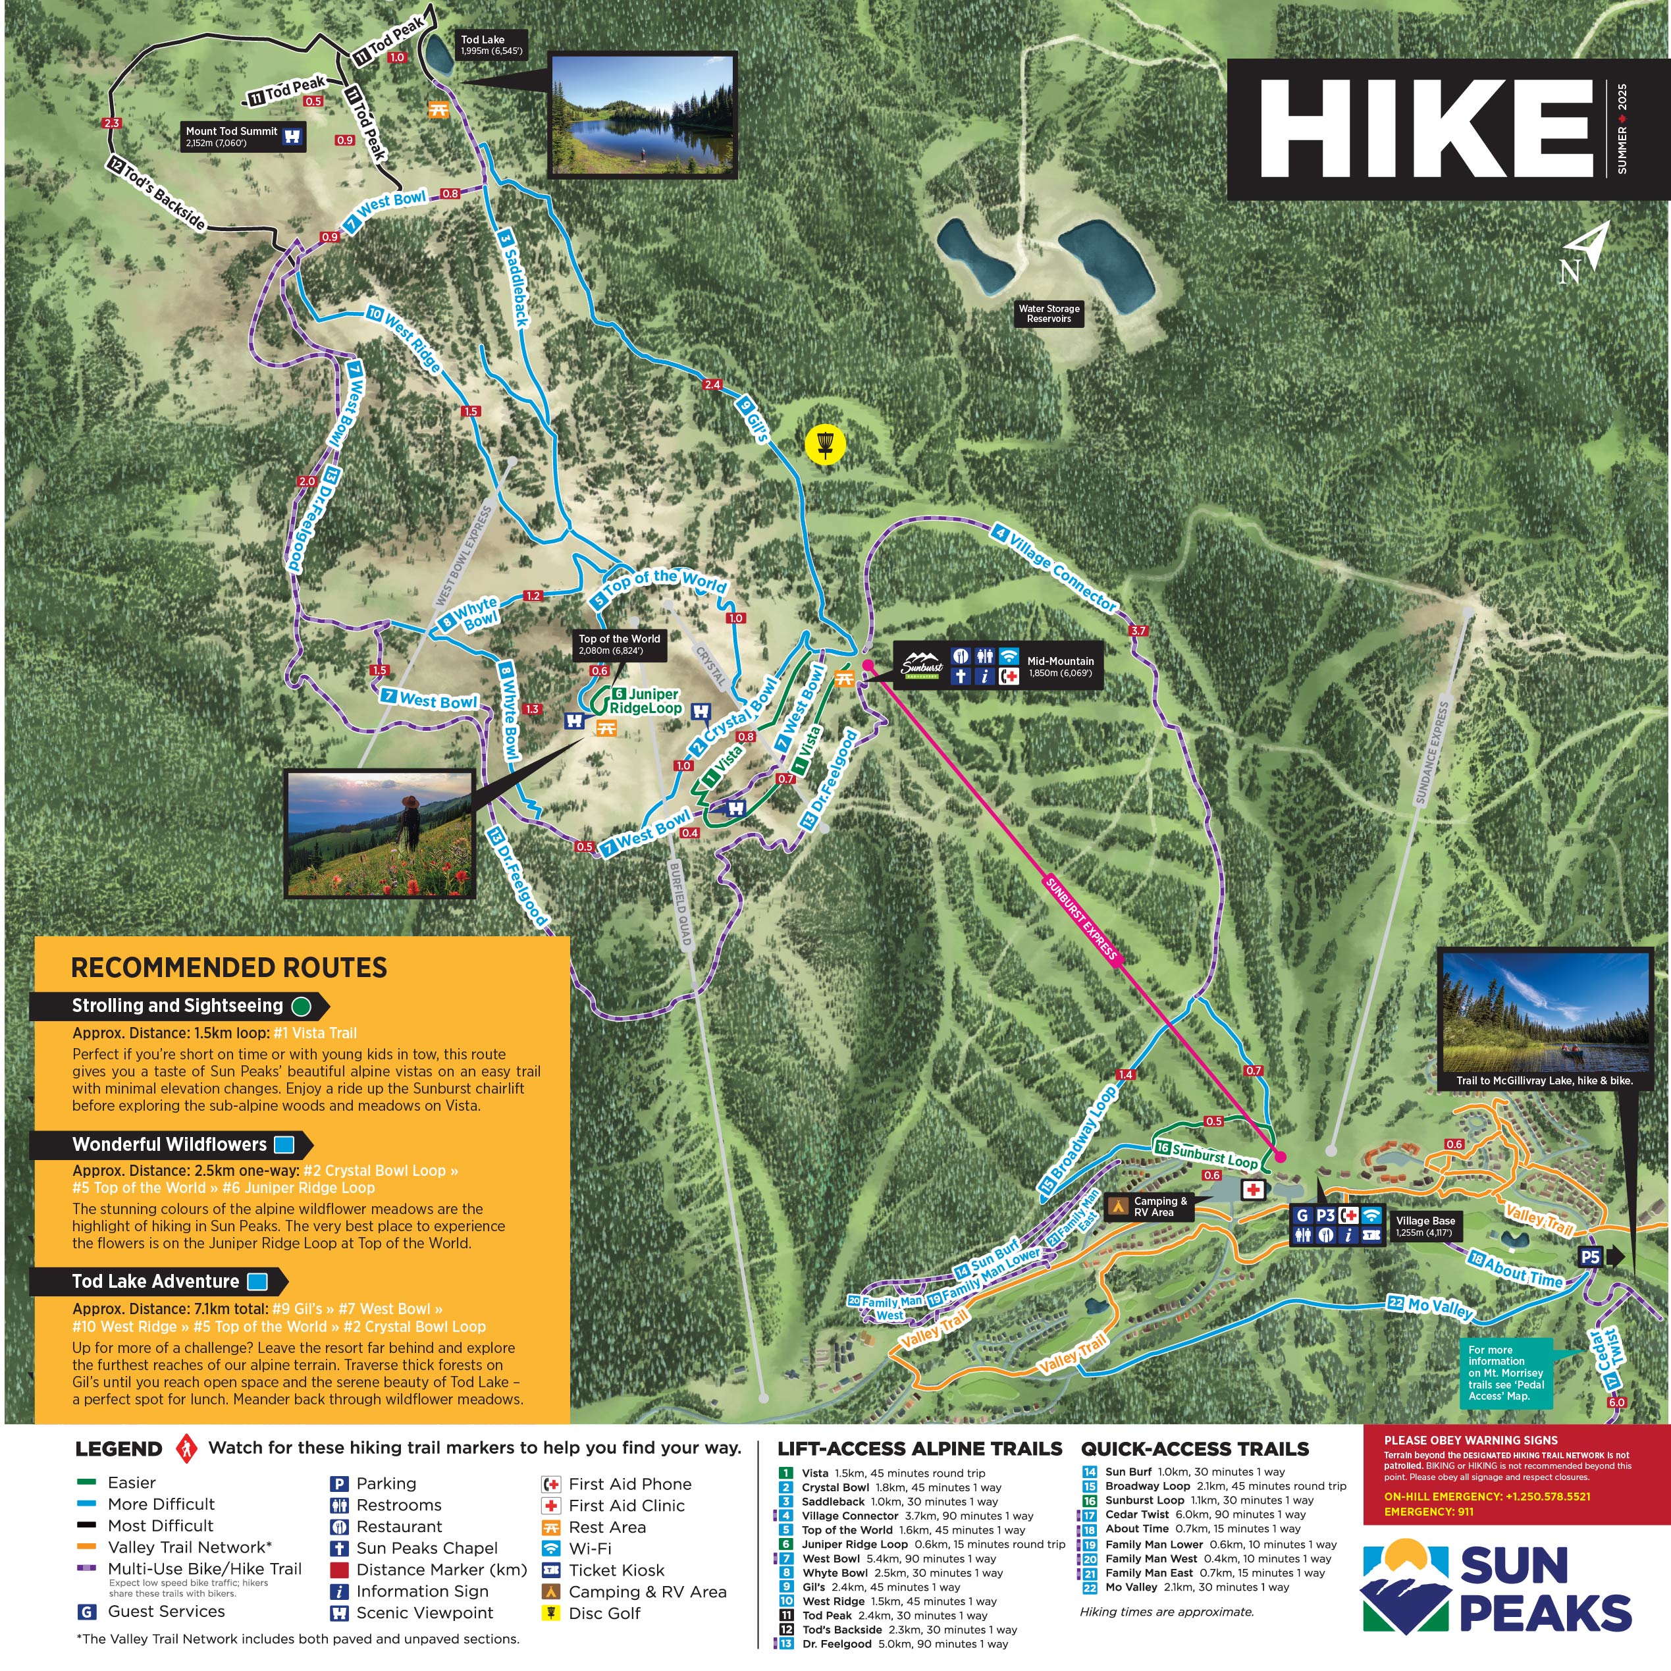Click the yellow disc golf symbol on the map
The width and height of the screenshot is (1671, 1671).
tap(825, 444)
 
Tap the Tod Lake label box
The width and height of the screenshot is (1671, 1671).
tap(491, 45)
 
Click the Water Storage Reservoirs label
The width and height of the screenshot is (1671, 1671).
tap(1048, 313)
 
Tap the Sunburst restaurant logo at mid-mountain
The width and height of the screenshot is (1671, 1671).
tap(922, 666)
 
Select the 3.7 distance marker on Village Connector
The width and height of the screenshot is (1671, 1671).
tap(1138, 631)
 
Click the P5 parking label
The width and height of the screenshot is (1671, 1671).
tap(1590, 1258)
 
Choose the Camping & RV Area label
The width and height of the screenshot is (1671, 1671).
tap(1160, 1207)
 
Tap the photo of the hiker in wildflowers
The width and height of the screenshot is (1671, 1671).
tap(381, 834)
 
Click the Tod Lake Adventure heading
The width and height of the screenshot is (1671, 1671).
tap(155, 1282)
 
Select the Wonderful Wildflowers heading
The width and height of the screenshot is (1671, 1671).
tap(169, 1144)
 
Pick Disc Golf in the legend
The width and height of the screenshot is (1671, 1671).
tap(604, 1613)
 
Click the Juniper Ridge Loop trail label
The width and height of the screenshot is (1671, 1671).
tap(645, 701)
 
